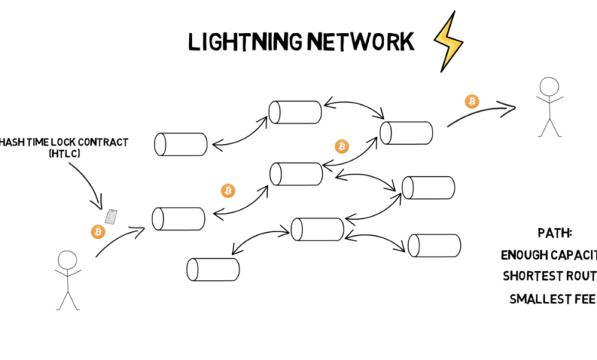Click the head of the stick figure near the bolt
(547, 85)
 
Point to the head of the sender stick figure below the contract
(67, 260)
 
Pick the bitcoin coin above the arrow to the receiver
(471, 101)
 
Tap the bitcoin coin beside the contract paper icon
(97, 231)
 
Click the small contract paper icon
(112, 217)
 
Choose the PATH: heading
(556, 232)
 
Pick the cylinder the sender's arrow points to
(178, 218)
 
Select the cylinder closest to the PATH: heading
(434, 245)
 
